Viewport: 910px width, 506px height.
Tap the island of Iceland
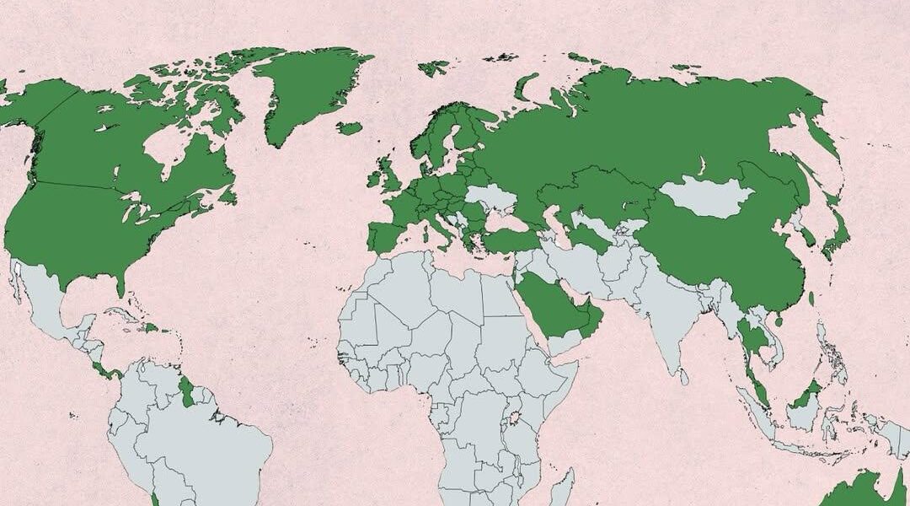(349, 128)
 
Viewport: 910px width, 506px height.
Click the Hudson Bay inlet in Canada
(164, 148)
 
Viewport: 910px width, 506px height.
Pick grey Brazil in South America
(211, 447)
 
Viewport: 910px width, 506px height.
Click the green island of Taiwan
(811, 299)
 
